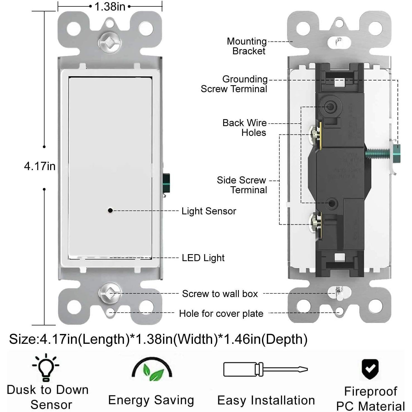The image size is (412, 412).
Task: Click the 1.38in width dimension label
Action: pos(110,6)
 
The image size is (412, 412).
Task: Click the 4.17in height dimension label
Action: pos(40,166)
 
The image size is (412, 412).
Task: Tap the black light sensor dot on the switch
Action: pos(110,210)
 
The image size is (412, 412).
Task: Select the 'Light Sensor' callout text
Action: pos(209,211)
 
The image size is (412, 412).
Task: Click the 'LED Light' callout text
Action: pos(203,258)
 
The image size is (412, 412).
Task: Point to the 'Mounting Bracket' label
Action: pos(247,46)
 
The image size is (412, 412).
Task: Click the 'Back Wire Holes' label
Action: pos(244,127)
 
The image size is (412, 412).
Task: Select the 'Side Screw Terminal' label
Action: pos(242,185)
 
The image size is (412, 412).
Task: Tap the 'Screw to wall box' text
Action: pos(220,294)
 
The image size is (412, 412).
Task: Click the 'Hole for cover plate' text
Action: pos(221,313)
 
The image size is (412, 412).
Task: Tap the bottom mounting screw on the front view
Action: pos(110,293)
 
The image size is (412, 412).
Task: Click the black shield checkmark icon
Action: pos(370,369)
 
